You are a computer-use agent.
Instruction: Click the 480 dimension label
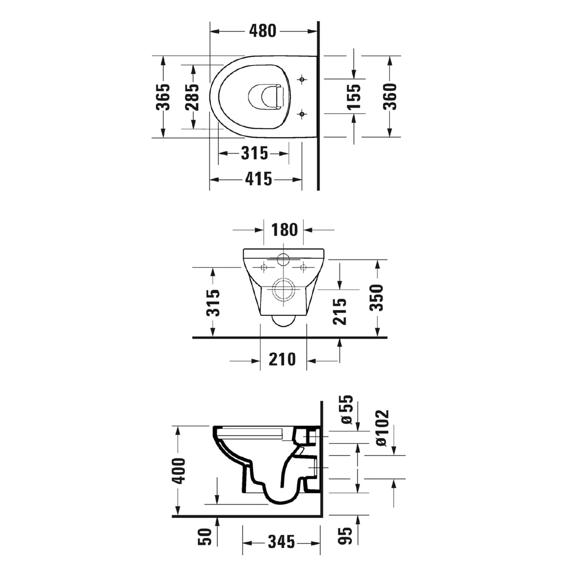click(263, 31)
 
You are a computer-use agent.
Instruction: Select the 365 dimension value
click(163, 97)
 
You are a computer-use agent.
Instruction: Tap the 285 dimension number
click(193, 97)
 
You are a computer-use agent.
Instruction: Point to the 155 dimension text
click(354, 97)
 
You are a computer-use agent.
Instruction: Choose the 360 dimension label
click(390, 97)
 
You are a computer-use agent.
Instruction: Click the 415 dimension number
click(259, 179)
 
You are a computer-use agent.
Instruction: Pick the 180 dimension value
click(284, 230)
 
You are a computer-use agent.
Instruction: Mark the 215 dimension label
click(340, 311)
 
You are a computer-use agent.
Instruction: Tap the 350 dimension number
click(377, 298)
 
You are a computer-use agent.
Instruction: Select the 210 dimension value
click(282, 359)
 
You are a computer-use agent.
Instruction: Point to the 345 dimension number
click(281, 542)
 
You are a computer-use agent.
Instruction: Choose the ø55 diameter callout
click(347, 410)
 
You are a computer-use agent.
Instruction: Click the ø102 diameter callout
click(382, 428)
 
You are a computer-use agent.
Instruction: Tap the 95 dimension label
click(346, 536)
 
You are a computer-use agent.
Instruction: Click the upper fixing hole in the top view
click(302, 80)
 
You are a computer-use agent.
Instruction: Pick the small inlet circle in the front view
click(283, 259)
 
